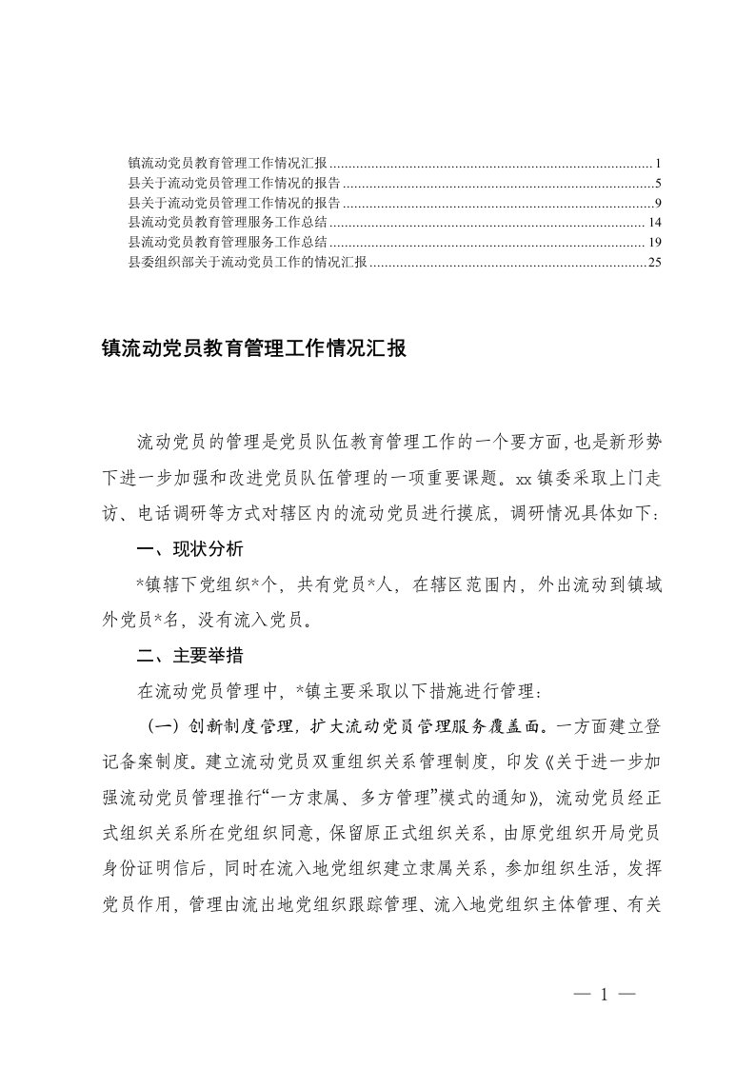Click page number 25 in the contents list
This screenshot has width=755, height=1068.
[x=653, y=263]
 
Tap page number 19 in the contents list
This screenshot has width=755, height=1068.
[x=653, y=243]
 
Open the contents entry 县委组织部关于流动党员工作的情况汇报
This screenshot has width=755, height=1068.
[x=248, y=263]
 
